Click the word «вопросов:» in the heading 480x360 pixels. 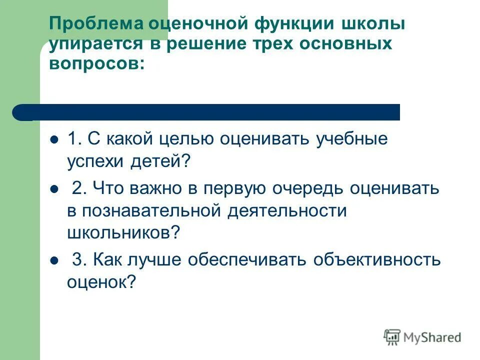coord(97,63)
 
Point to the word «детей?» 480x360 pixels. coord(162,161)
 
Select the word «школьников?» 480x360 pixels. coord(123,232)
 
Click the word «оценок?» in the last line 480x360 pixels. coord(101,282)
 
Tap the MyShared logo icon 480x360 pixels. coord(392,337)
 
